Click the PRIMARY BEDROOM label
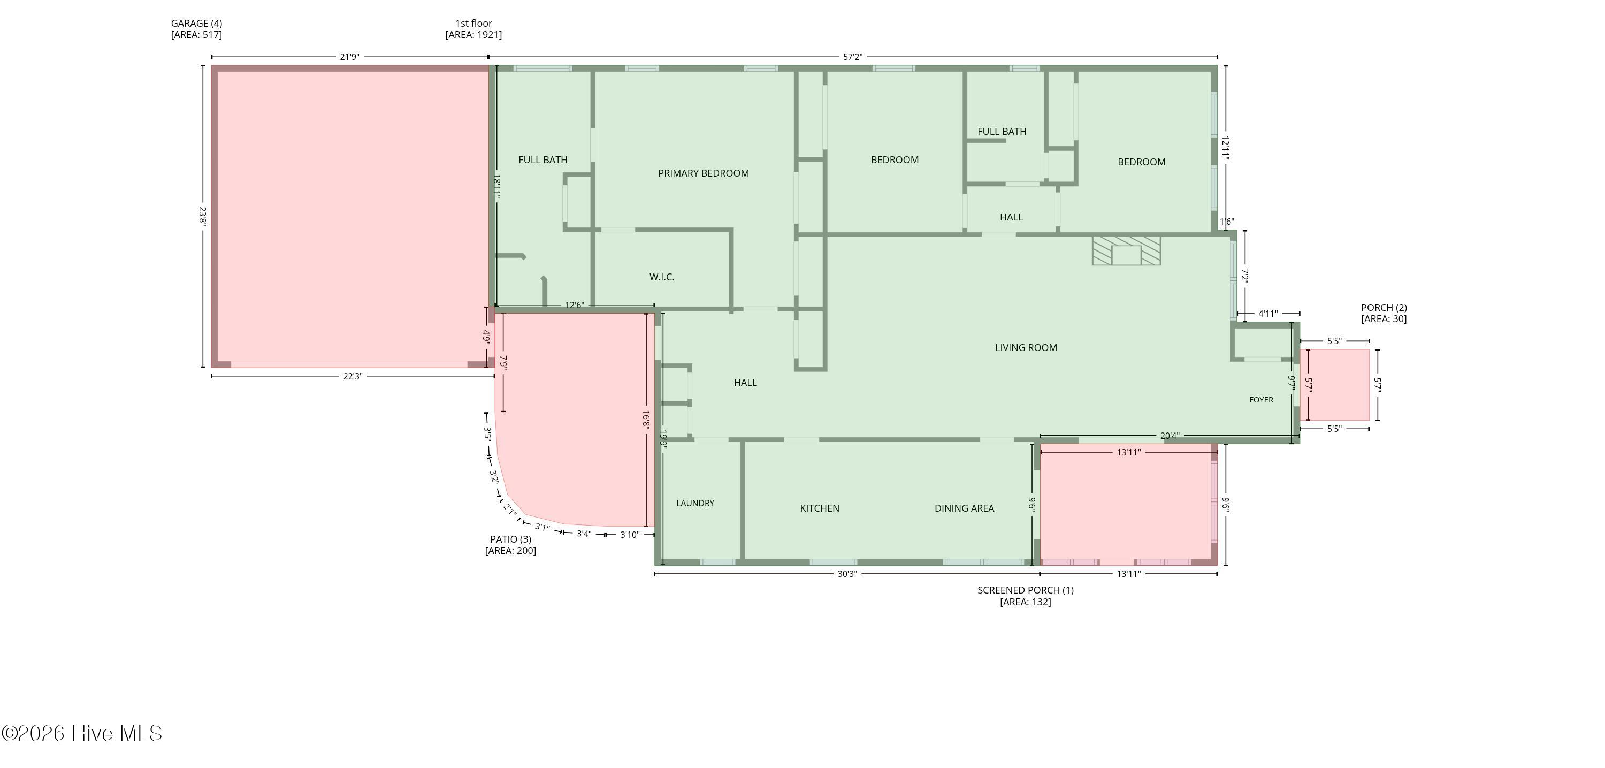pyautogui.click(x=704, y=173)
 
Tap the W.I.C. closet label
pyautogui.click(x=662, y=277)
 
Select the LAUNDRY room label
pyautogui.click(x=695, y=503)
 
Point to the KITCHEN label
pyautogui.click(x=819, y=508)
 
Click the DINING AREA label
pyautogui.click(x=964, y=508)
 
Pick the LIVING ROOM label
pyautogui.click(x=1026, y=348)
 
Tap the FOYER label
pyautogui.click(x=1261, y=400)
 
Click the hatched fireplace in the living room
pyautogui.click(x=1126, y=250)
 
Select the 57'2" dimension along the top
pyautogui.click(x=852, y=57)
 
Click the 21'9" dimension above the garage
pyautogui.click(x=349, y=57)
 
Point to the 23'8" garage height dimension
pyautogui.click(x=202, y=216)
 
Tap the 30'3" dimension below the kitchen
pyautogui.click(x=847, y=574)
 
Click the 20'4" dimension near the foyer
pyautogui.click(x=1170, y=436)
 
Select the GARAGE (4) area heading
pyautogui.click(x=196, y=29)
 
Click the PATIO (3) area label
pyautogui.click(x=510, y=545)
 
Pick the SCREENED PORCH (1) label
pyautogui.click(x=1025, y=596)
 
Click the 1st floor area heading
pyautogui.click(x=473, y=29)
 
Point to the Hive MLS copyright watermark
pyautogui.click(x=82, y=734)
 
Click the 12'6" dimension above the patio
pyautogui.click(x=574, y=305)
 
